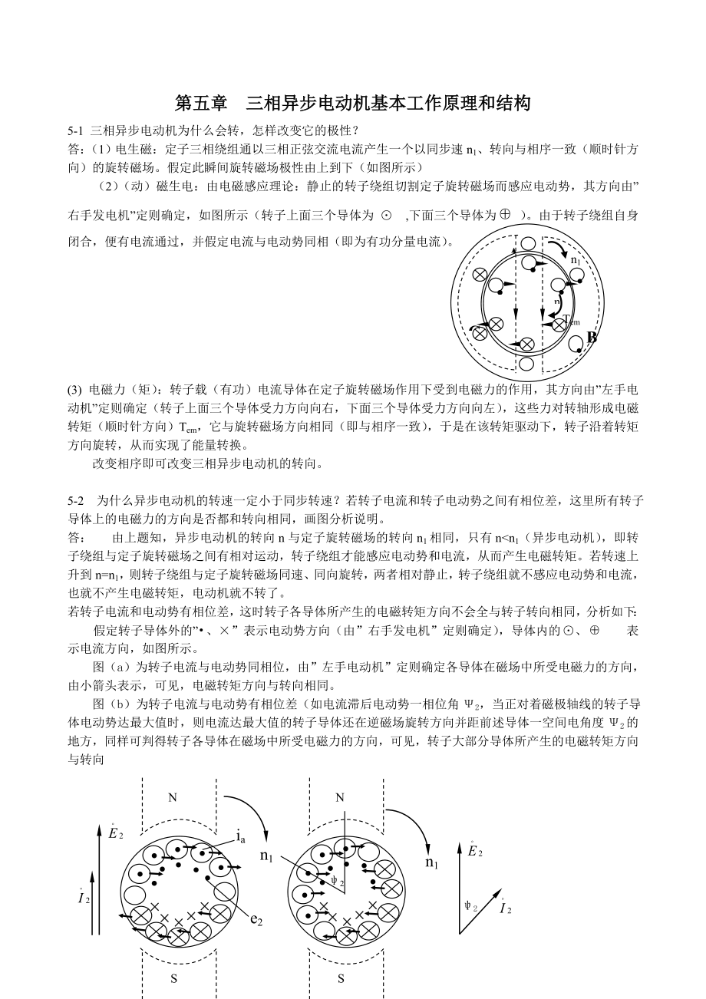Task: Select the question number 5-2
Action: tap(76, 499)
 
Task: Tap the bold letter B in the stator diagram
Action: tap(592, 338)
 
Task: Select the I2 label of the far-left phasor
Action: tap(84, 898)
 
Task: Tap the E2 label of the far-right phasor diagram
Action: tap(475, 850)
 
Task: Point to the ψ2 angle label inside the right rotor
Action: tap(337, 882)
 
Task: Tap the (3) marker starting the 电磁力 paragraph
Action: tap(75, 390)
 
